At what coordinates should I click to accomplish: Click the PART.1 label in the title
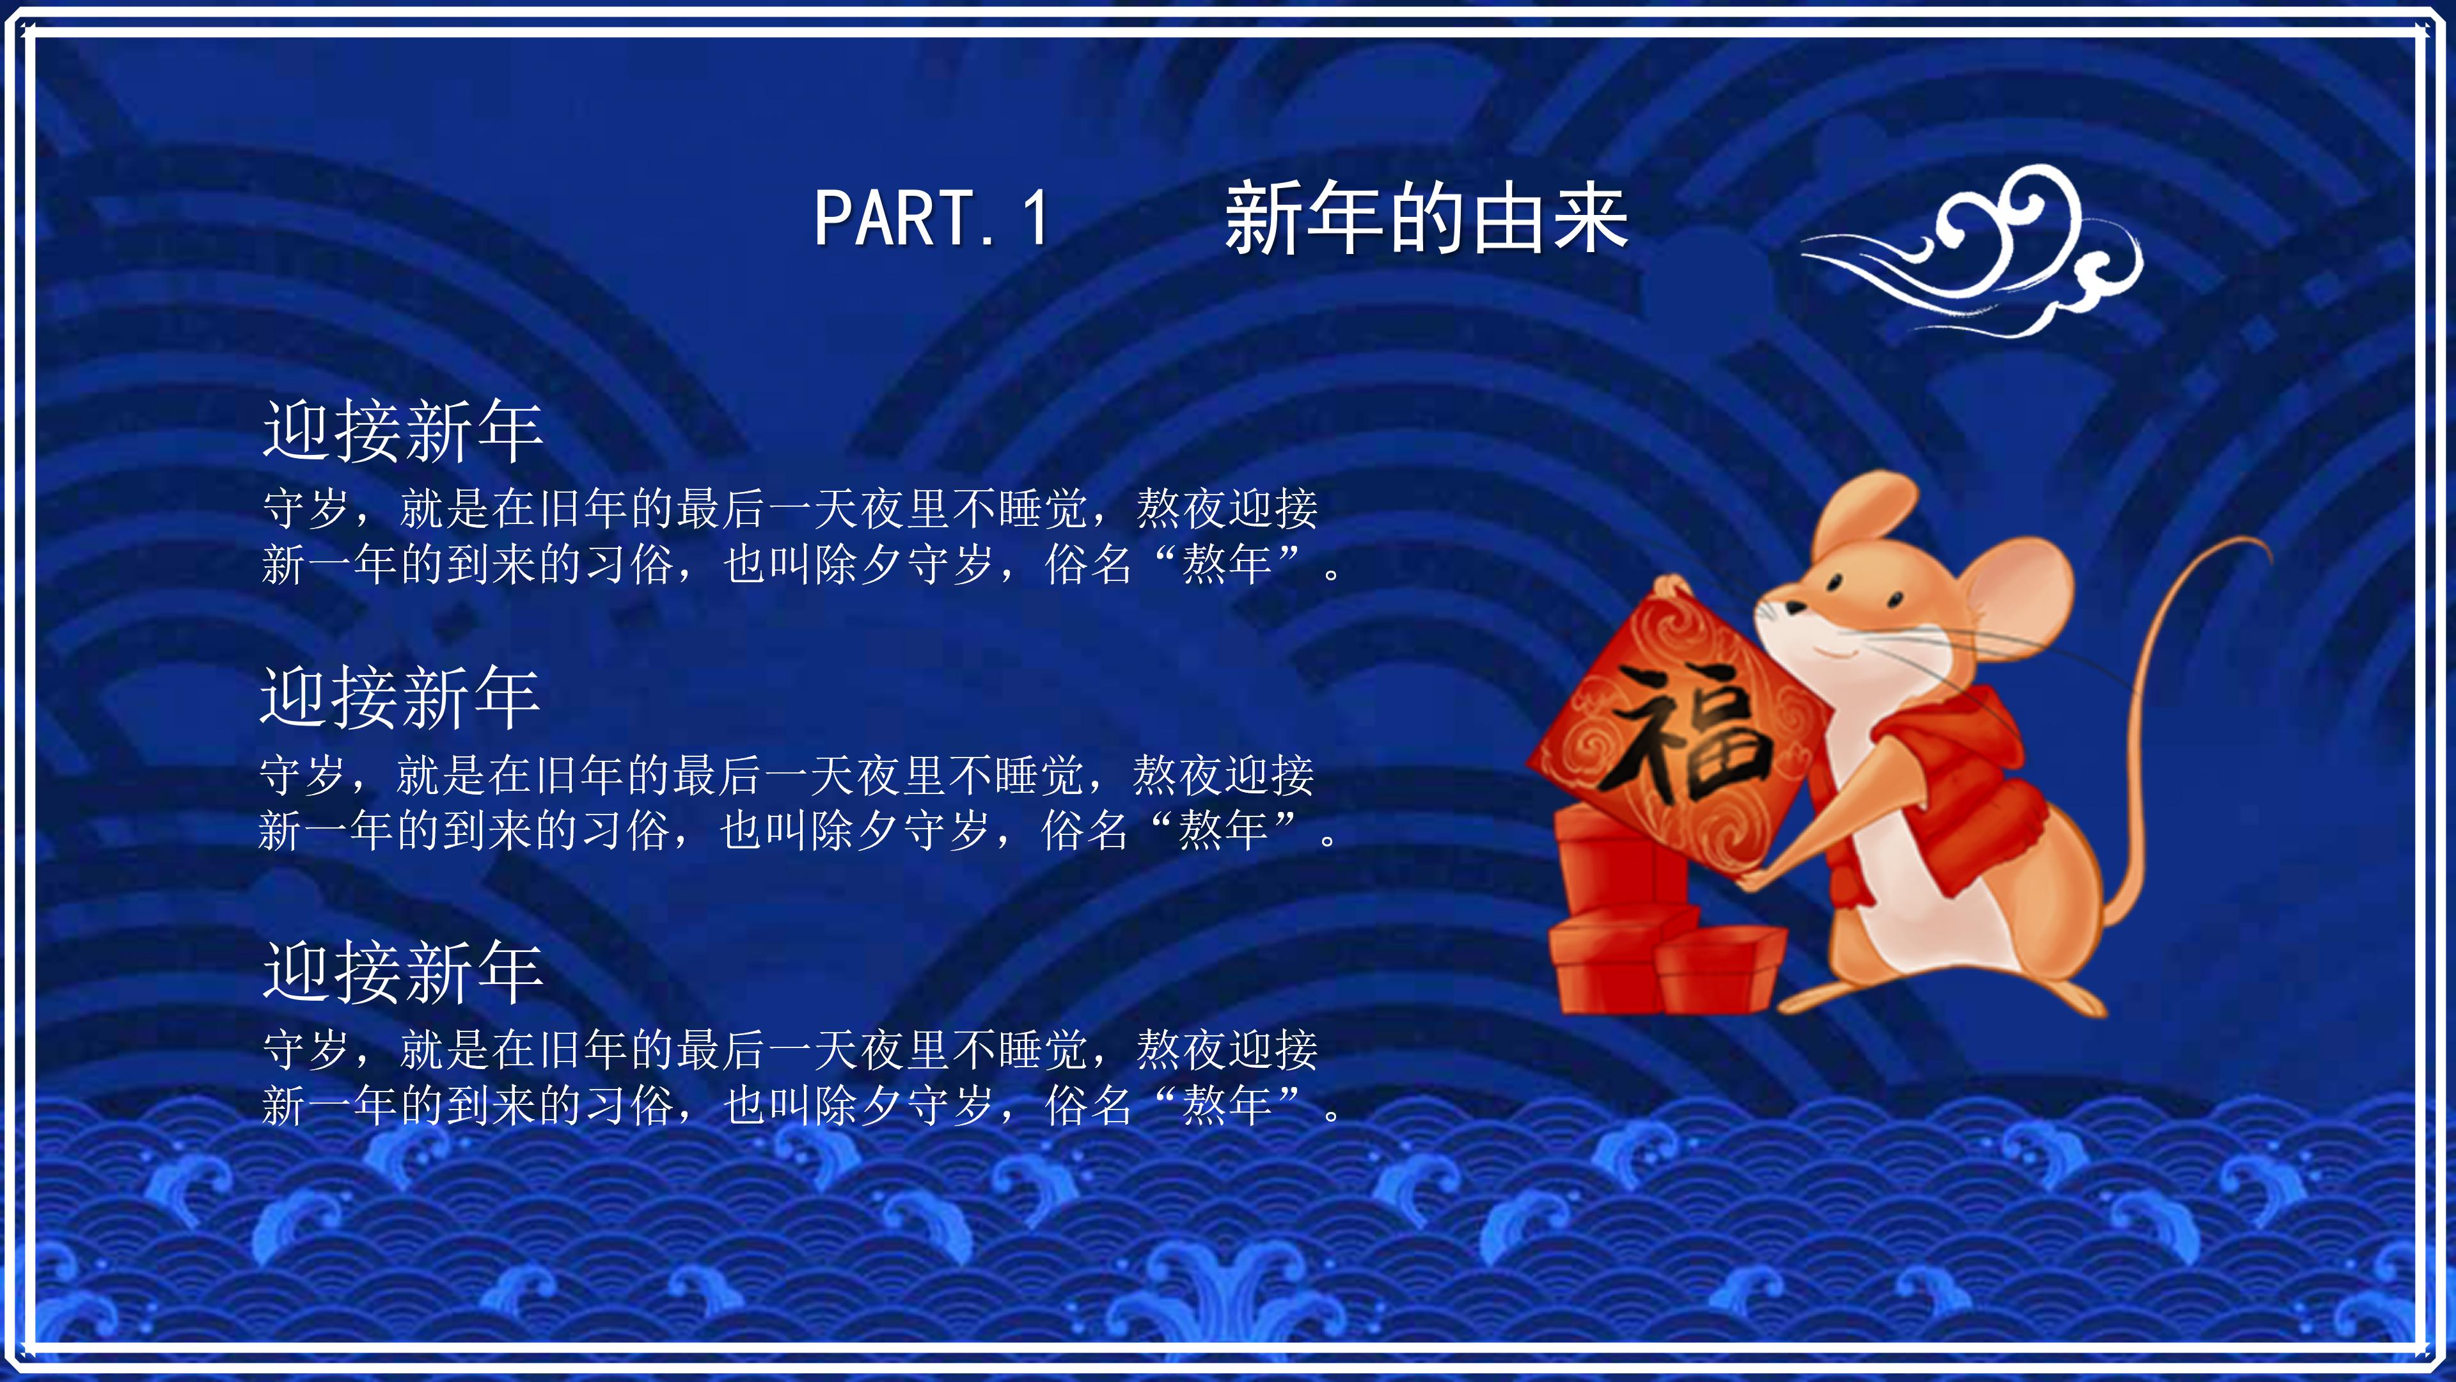(x=931, y=218)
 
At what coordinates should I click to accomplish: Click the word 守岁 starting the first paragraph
(x=305, y=509)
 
